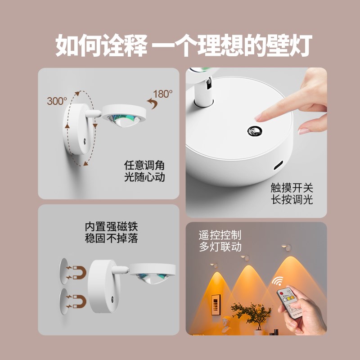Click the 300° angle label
57,101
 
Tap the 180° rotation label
163,94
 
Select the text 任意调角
144,165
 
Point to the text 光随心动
144,177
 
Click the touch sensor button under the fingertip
254,131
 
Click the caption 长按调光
292,199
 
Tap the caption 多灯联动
220,247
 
